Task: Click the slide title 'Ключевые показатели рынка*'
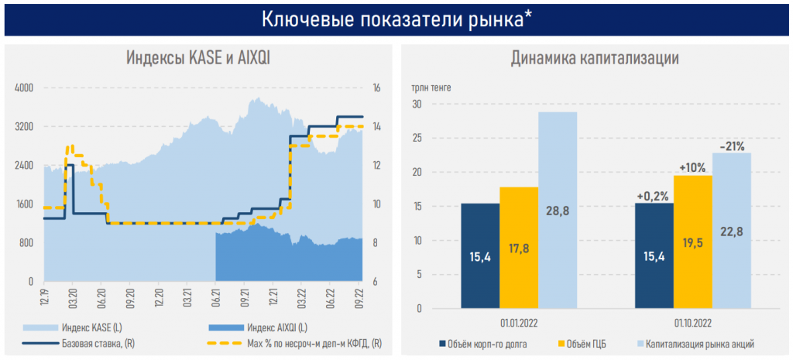[x=396, y=19]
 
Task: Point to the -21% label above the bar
[x=732, y=146]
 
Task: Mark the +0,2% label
[x=653, y=196]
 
